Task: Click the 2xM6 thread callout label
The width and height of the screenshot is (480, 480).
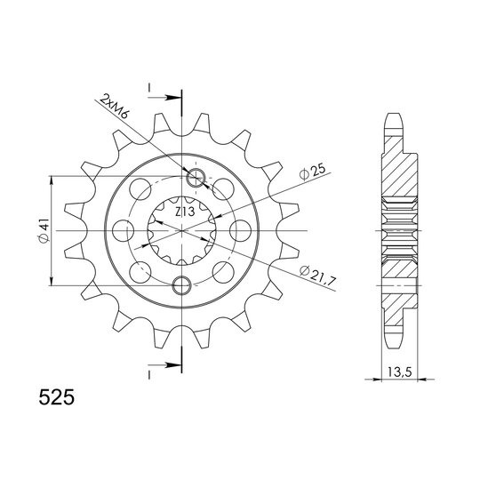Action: click(x=115, y=107)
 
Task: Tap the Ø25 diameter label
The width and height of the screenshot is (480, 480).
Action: click(x=312, y=172)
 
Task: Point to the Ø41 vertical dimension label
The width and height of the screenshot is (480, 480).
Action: click(x=44, y=230)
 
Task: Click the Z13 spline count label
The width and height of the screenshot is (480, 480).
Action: click(x=185, y=212)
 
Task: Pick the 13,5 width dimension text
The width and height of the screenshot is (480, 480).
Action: click(x=400, y=372)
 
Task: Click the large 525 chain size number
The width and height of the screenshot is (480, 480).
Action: click(x=57, y=397)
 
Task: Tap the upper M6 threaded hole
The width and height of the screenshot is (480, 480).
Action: click(x=196, y=177)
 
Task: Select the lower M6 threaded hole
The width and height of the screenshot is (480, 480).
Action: click(x=182, y=285)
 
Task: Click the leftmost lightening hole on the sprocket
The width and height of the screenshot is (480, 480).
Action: click(x=124, y=230)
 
